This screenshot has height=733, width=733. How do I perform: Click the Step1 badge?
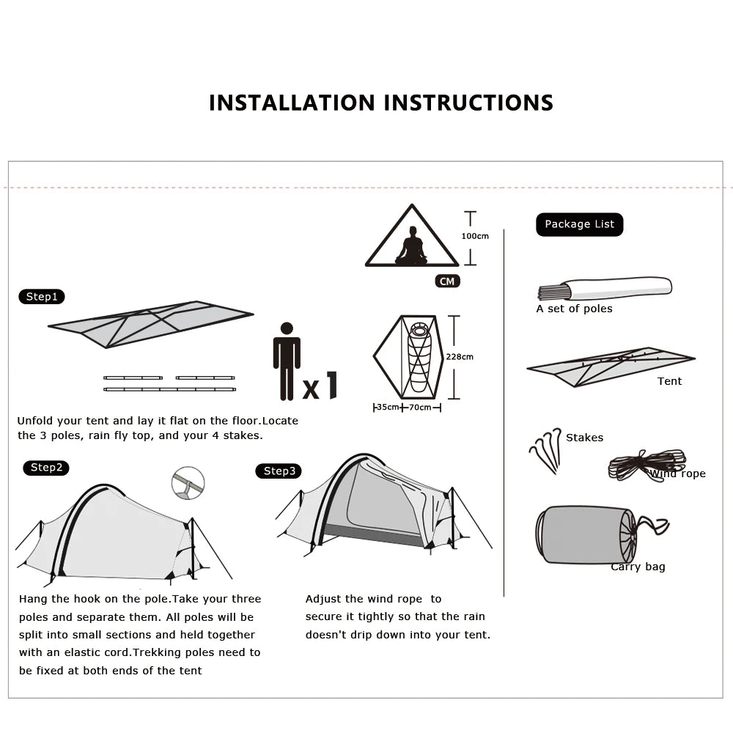click(42, 297)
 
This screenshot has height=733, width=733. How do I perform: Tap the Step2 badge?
click(46, 468)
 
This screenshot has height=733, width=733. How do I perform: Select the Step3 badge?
click(279, 471)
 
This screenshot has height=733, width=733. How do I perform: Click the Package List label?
click(579, 224)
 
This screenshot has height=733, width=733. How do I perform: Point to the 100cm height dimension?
click(474, 236)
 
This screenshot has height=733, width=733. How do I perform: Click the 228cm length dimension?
click(460, 357)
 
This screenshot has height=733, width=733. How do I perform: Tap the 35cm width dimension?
click(387, 408)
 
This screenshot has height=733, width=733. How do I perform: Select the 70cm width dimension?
click(420, 408)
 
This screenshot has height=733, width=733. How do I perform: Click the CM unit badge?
click(447, 281)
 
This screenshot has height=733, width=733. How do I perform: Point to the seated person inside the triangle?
click(411, 248)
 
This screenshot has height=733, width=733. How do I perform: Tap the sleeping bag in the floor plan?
click(419, 357)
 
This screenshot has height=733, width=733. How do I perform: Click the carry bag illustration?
click(586, 534)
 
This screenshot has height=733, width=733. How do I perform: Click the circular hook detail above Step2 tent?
click(188, 484)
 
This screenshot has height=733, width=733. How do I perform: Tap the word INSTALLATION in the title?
click(292, 103)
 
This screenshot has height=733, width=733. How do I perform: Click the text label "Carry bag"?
click(638, 567)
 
